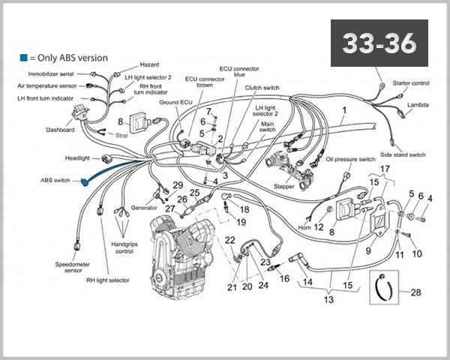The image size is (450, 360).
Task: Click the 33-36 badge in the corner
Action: coord(378,44)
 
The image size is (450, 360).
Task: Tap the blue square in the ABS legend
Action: coord(23,57)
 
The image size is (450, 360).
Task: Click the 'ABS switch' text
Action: coord(56,181)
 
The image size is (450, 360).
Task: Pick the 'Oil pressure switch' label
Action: coord(350,160)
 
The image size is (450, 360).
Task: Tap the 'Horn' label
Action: coord(304,227)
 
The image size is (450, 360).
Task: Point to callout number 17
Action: coord(385,169)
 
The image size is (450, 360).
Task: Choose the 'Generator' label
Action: coord(144,208)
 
